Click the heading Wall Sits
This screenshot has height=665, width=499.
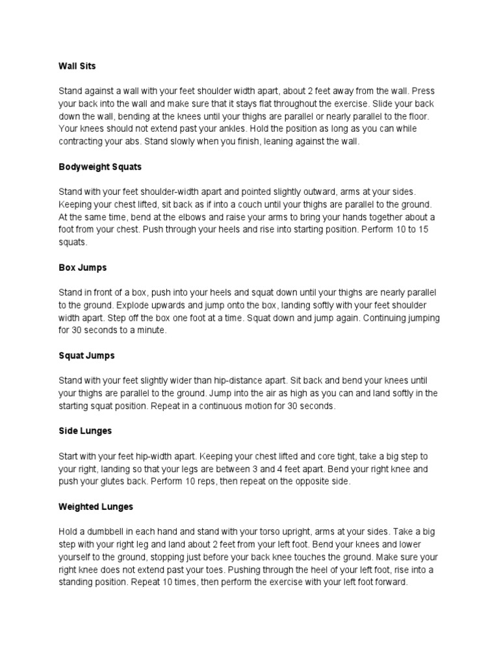pos(77,66)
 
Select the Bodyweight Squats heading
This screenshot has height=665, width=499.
pos(100,167)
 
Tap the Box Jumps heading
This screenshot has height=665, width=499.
pos(83,268)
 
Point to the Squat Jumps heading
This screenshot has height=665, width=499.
pos(86,356)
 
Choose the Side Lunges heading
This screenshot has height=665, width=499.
pos(85,431)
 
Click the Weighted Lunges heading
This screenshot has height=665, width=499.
pos(96,507)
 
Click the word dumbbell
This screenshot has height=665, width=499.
pos(112,531)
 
